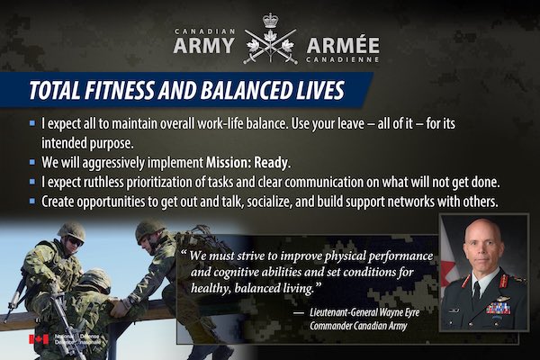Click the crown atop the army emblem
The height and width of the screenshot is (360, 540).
pos(270,21)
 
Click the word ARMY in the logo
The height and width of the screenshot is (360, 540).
pos(204,46)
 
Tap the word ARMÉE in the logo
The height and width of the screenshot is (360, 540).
pos(343,46)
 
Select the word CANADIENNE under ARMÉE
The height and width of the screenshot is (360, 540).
pos(343,59)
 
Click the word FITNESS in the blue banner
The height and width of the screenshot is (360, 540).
pos(119,90)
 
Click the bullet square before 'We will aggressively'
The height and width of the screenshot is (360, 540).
pos(32,162)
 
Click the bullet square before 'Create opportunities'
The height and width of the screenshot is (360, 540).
pos(32,202)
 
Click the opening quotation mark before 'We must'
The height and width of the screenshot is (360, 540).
pos(184,254)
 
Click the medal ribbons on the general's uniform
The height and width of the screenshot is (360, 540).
pos(499,308)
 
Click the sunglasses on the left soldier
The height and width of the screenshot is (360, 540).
pos(75,241)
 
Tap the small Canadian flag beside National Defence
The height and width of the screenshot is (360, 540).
pos(39,339)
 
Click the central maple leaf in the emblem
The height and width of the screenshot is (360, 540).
pos(270,37)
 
